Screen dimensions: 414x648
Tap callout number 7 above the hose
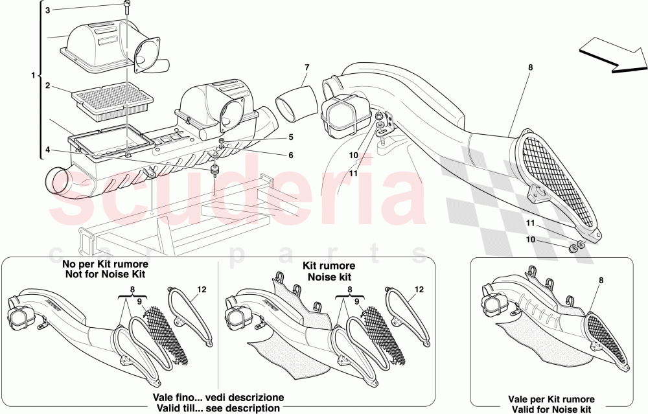[307, 67]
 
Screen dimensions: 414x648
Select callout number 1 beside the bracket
[33, 76]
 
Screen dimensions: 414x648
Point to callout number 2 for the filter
[48, 85]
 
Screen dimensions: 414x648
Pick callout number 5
[291, 137]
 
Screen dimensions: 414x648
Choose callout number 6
[291, 155]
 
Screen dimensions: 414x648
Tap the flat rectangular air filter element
[113, 100]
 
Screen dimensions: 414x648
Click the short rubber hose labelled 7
[297, 102]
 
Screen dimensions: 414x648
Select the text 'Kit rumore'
[329, 266]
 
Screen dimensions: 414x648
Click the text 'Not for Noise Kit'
[104, 275]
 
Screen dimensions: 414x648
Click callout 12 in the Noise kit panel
[419, 290]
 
